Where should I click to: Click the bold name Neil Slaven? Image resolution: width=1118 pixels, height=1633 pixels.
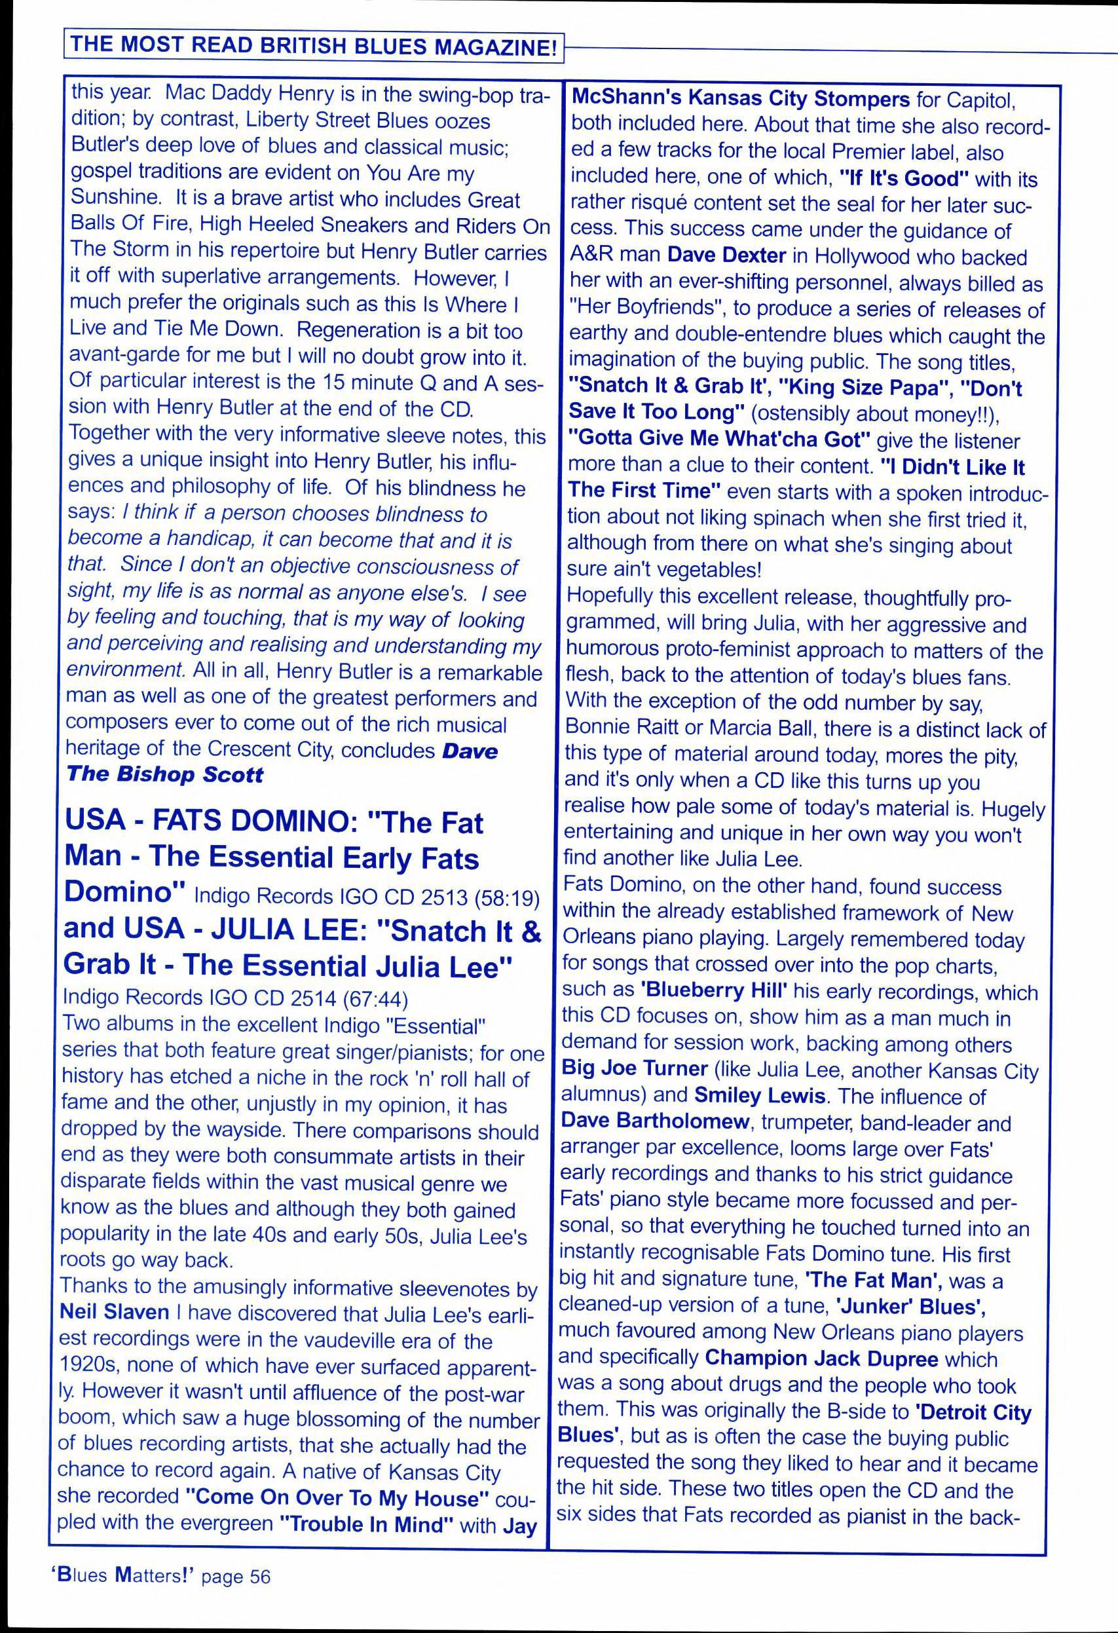click(x=115, y=1311)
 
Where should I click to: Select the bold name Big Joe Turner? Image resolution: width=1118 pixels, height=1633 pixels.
click(x=635, y=1070)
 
